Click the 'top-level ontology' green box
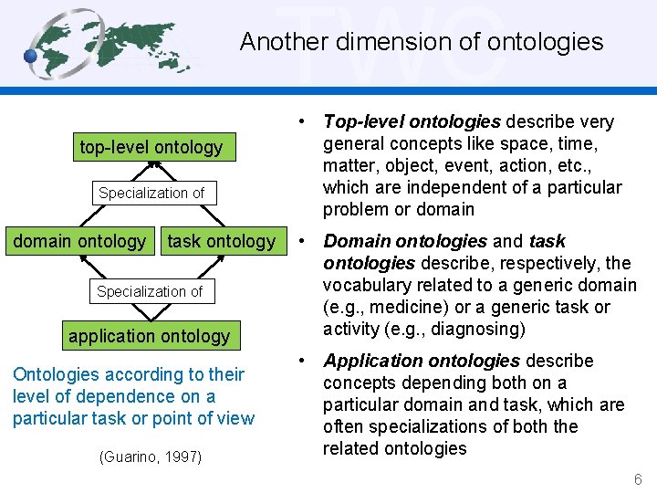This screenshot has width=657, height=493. click(151, 147)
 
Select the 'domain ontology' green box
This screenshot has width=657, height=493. click(79, 241)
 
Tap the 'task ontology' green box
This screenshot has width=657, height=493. click(221, 241)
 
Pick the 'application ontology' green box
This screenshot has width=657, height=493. click(150, 335)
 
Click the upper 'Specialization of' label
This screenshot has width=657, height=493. click(151, 193)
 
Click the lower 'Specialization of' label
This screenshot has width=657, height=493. click(150, 291)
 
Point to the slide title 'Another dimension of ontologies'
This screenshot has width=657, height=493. click(421, 42)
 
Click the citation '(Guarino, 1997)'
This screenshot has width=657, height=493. click(150, 456)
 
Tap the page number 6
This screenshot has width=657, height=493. click(638, 479)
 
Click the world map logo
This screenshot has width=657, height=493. click(114, 43)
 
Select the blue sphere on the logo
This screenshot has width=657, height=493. click(32, 57)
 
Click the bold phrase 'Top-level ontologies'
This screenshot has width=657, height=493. click(412, 122)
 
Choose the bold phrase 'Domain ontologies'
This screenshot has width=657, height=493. click(405, 242)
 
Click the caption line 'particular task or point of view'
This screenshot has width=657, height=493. click(133, 418)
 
